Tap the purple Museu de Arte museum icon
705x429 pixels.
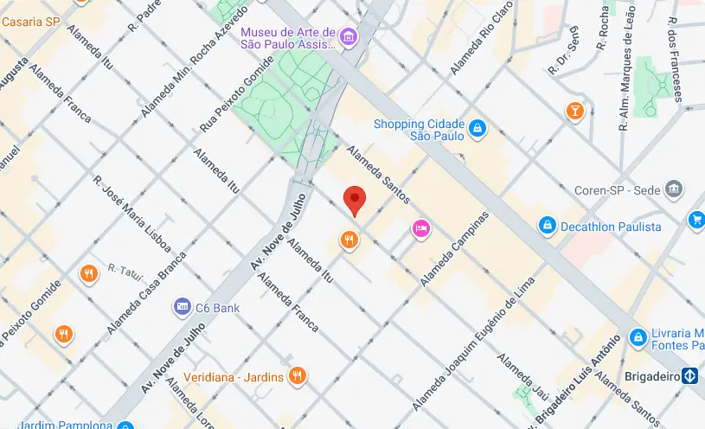[348, 36]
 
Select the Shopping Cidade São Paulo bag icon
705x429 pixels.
[477, 130]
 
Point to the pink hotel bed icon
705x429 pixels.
[421, 227]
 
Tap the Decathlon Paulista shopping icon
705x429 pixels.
[547, 227]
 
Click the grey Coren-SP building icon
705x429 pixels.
[675, 189]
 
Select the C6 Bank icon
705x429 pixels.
[182, 306]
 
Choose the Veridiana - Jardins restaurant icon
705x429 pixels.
[297, 375]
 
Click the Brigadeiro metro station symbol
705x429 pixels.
[689, 375]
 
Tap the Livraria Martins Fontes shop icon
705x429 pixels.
[638, 336]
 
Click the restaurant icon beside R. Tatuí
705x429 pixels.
[88, 275]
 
